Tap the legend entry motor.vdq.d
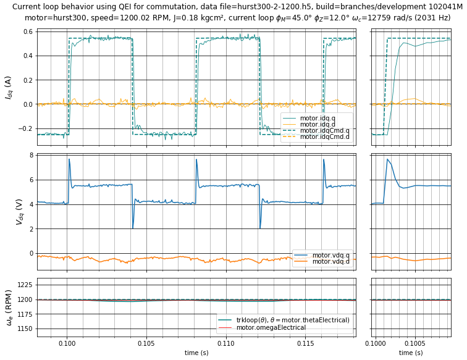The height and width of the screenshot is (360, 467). pos(330,262)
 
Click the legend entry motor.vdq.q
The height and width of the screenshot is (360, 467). pos(330,255)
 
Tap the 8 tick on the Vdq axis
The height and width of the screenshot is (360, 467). pos(30,156)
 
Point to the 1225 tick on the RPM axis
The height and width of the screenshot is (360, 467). pos(23,285)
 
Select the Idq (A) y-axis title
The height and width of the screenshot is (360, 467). pos(9,87)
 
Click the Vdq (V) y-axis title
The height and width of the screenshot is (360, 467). pos(9,211)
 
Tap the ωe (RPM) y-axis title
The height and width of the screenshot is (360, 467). pos(9,307)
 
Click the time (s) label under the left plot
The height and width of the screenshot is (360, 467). pos(196,353)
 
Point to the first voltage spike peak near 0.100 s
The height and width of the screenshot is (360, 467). pos(69,159)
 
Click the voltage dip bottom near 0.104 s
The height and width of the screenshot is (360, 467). pos(133,228)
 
